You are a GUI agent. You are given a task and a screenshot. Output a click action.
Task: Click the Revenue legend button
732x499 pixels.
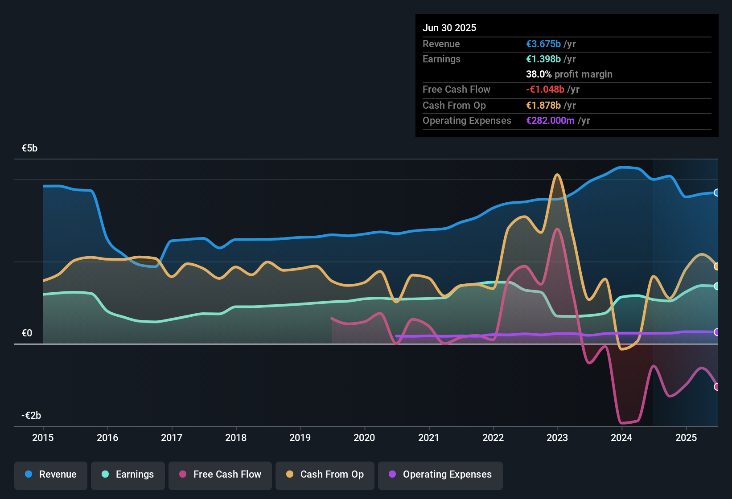coord(51,474)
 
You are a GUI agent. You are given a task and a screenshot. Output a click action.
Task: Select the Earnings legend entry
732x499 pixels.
coord(128,474)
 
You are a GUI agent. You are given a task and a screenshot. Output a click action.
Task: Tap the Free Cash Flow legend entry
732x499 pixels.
coord(220,474)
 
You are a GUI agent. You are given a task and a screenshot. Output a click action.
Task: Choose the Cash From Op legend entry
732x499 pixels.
coord(325,474)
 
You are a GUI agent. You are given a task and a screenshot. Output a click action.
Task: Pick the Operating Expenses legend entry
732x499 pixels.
coord(440,474)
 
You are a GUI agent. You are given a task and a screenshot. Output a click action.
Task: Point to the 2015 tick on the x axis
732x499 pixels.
coord(43,438)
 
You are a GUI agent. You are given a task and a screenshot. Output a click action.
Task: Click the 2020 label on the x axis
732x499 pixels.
coord(364,438)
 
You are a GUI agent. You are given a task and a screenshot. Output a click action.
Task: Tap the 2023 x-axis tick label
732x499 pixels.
coord(557,438)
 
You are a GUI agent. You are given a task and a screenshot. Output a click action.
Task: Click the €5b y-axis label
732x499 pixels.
coord(29,148)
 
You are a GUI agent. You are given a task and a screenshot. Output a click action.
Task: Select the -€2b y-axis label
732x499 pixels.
coord(31,416)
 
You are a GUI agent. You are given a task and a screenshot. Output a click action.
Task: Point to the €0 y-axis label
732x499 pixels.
coord(27,333)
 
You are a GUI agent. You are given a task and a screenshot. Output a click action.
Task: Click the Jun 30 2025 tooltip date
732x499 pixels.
coord(449,28)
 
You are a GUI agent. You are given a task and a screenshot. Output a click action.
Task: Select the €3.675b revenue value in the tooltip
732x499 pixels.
coord(543,44)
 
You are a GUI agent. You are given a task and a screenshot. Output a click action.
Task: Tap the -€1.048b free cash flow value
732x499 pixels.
coord(545,90)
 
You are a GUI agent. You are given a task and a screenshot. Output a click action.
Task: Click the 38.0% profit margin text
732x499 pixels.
coord(569,74)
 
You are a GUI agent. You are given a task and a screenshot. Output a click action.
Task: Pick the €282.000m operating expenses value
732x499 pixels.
coord(550,121)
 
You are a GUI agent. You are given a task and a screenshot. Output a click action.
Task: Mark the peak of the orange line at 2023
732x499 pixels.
coord(557,175)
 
